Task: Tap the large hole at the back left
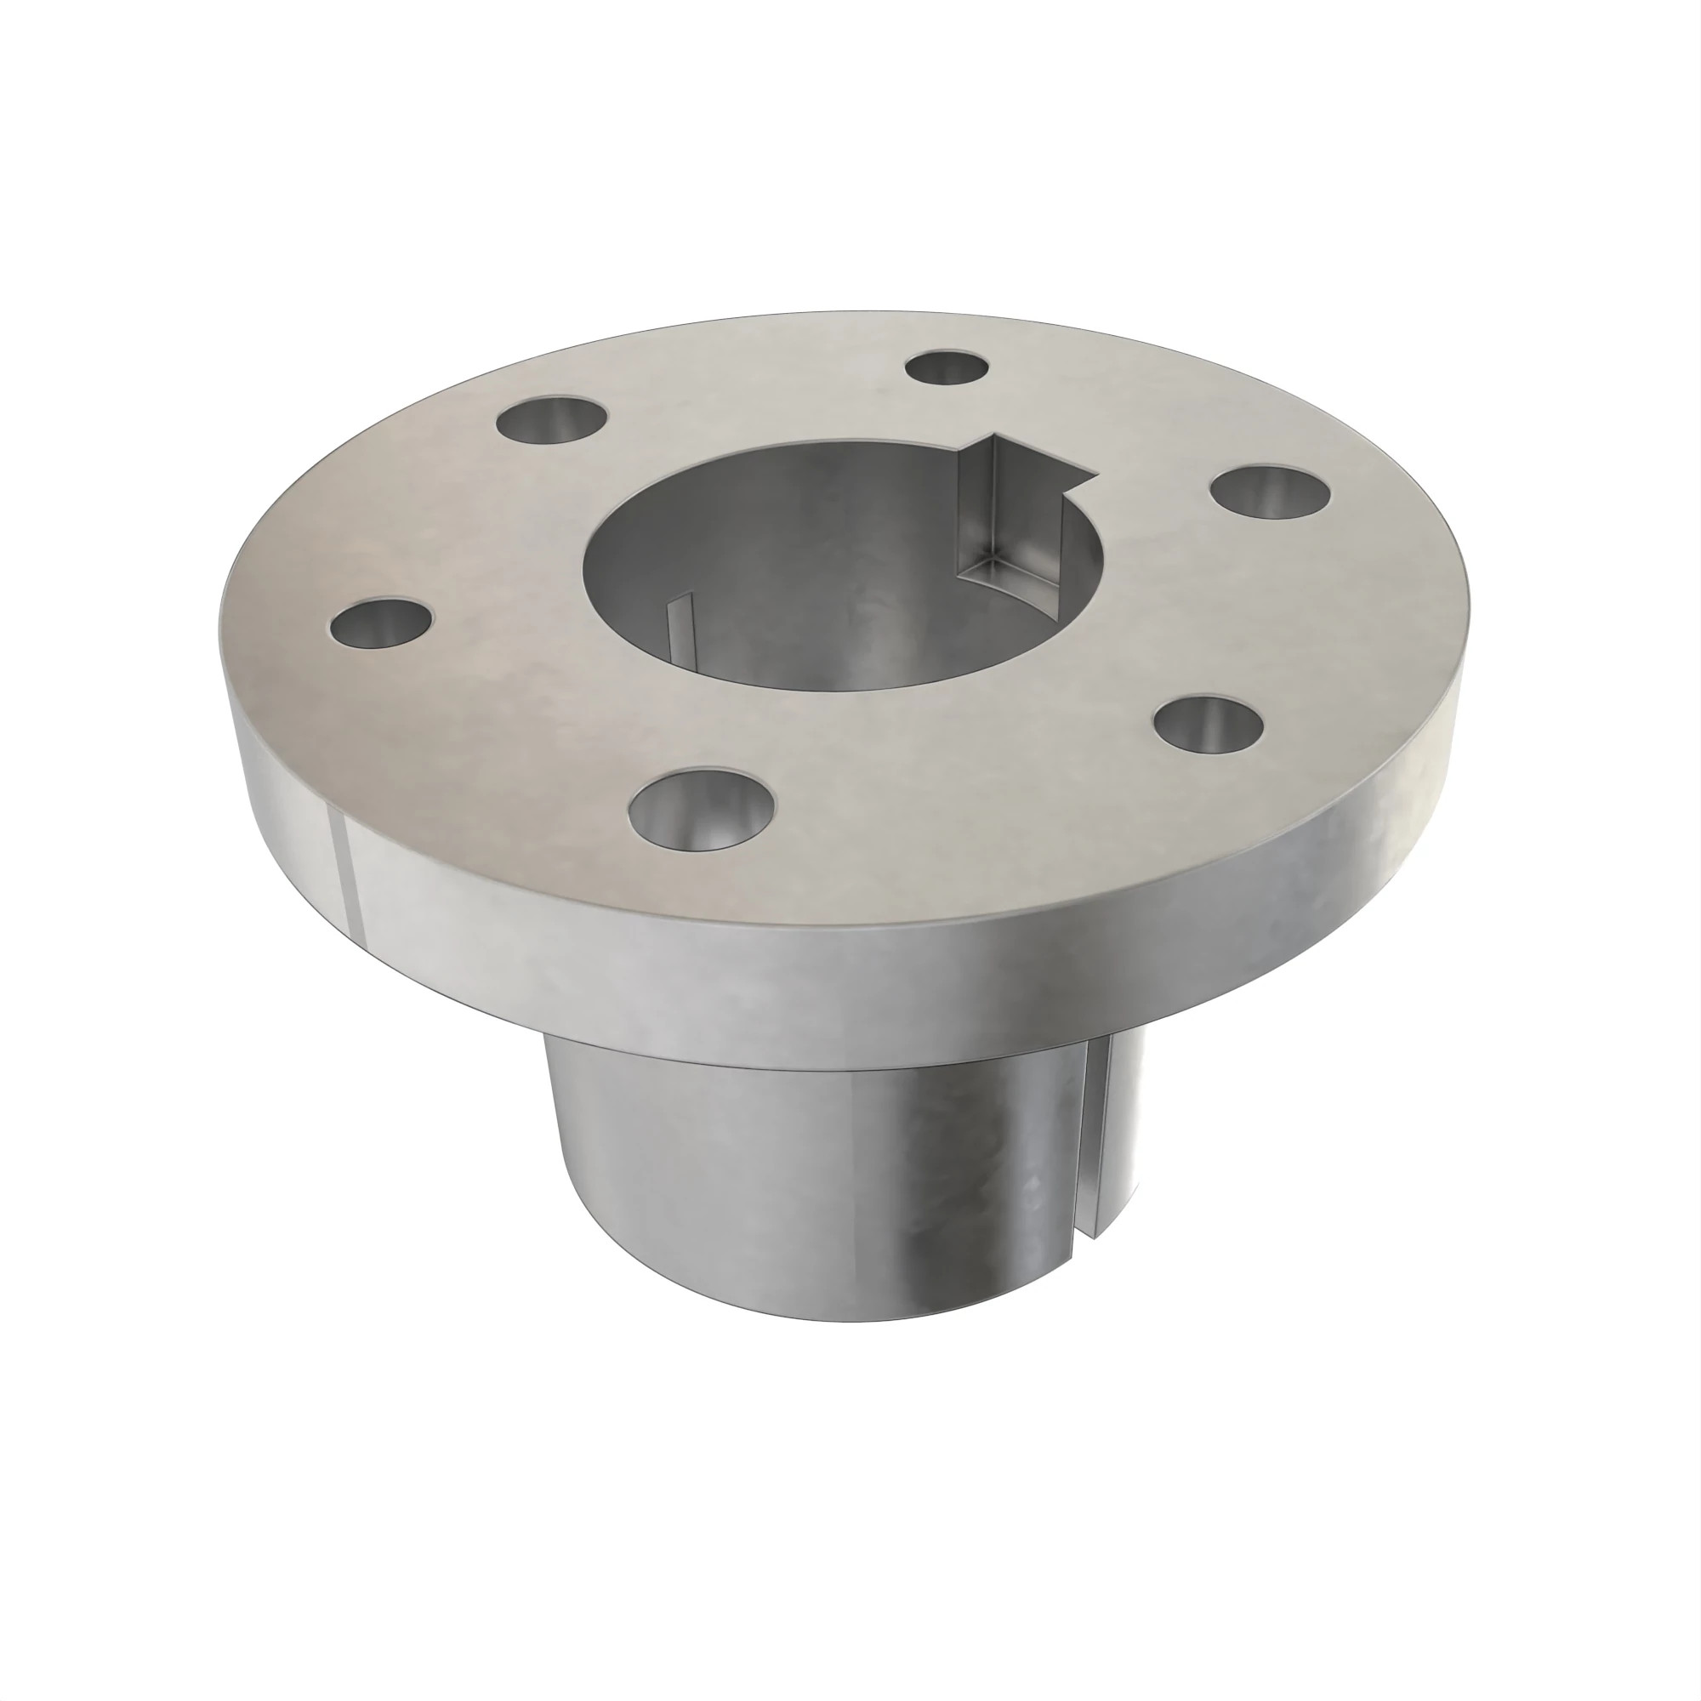point(552,420)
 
